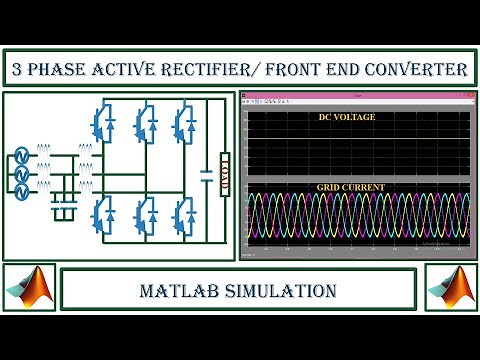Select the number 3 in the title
tap(18, 69)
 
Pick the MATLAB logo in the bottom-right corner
tap(451, 289)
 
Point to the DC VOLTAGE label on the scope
tap(347, 118)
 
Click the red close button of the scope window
tap(464, 97)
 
